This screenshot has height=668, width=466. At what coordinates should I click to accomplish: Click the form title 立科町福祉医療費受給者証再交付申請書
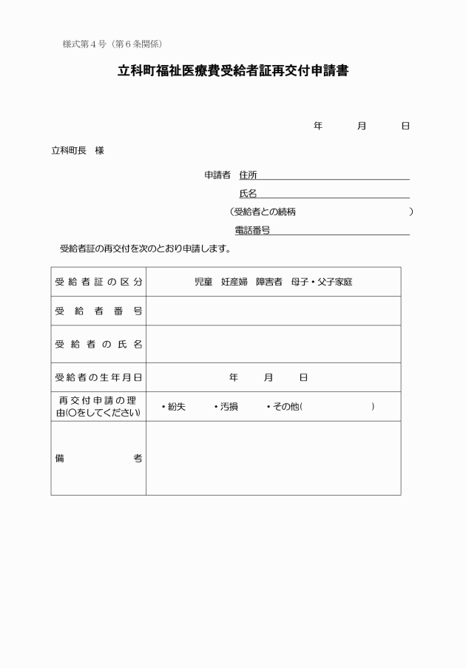pyautogui.click(x=233, y=72)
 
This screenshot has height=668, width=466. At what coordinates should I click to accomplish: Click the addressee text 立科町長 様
pyautogui.click(x=77, y=150)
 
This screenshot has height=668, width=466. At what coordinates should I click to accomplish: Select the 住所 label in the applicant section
pyautogui.click(x=249, y=175)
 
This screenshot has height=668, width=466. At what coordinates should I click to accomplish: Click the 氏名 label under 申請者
pyautogui.click(x=248, y=194)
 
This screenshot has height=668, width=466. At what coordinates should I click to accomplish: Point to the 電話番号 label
pyautogui.click(x=252, y=231)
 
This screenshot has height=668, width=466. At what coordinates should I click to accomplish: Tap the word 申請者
pyautogui.click(x=217, y=175)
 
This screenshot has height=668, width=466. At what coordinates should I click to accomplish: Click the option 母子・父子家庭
pyautogui.click(x=322, y=282)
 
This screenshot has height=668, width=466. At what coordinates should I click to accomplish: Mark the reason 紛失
pyautogui.click(x=176, y=407)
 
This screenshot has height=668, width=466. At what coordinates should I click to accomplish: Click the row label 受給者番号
pyautogui.click(x=98, y=311)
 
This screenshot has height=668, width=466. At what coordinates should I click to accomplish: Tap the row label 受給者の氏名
pyautogui.click(x=98, y=344)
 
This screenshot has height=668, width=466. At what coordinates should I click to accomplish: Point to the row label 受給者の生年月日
pyautogui.click(x=98, y=377)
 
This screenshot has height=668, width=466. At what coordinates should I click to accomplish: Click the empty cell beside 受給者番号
pyautogui.click(x=273, y=311)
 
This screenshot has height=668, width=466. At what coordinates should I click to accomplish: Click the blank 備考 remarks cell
pyautogui.click(x=273, y=458)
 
